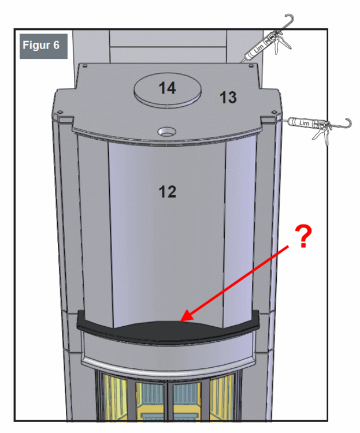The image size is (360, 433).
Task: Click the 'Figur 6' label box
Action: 43,46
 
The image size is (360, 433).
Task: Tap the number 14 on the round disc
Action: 168,88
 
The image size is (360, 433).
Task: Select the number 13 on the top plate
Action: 228,98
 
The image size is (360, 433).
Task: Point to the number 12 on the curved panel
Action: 167,192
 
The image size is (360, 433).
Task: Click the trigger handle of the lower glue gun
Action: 317,136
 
